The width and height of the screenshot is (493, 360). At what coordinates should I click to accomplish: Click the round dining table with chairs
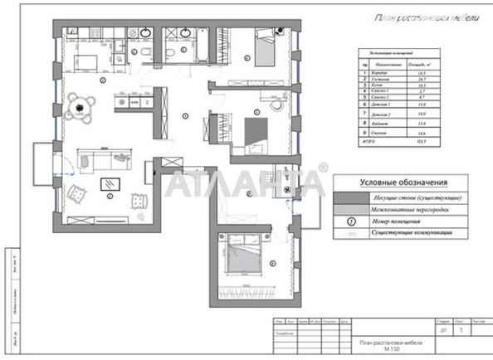tap(79, 104)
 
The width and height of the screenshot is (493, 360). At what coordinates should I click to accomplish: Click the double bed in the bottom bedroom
tap(246, 252)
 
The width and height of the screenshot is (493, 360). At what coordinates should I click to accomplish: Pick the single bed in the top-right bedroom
tap(266, 49)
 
